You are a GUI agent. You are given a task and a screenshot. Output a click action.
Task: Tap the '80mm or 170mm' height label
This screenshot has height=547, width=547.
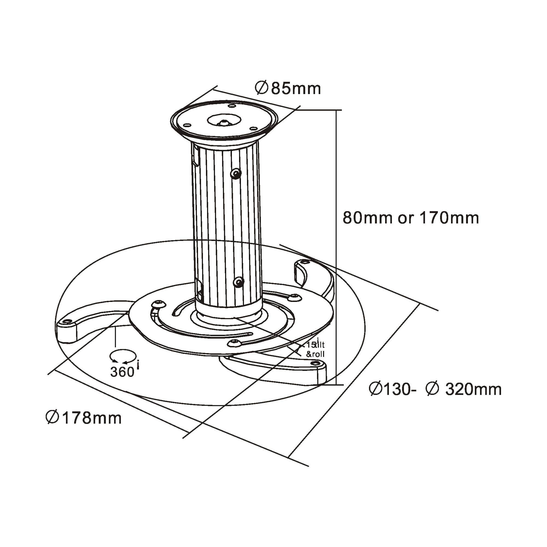[411, 218]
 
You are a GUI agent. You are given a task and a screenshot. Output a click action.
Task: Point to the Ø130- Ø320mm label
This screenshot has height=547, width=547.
[435, 389]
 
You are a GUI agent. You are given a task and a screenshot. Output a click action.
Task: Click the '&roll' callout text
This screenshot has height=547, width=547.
[315, 354]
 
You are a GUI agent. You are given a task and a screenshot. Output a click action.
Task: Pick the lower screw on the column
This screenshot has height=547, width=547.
[239, 282]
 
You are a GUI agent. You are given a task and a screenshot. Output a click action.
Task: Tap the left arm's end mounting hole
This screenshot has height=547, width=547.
[67, 321]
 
